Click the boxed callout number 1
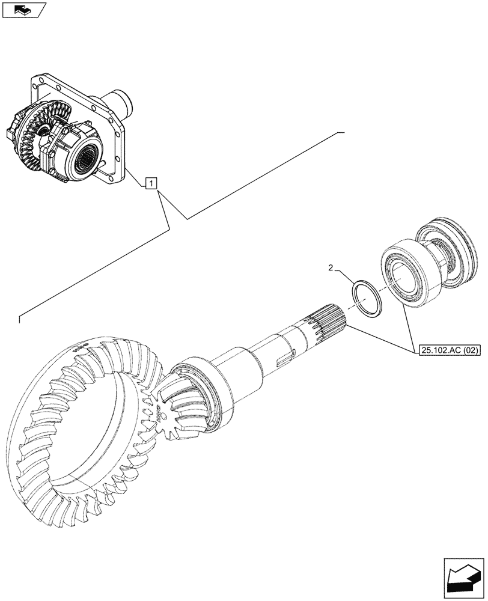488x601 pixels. tap(151, 183)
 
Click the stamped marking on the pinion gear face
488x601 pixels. tap(162, 414)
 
